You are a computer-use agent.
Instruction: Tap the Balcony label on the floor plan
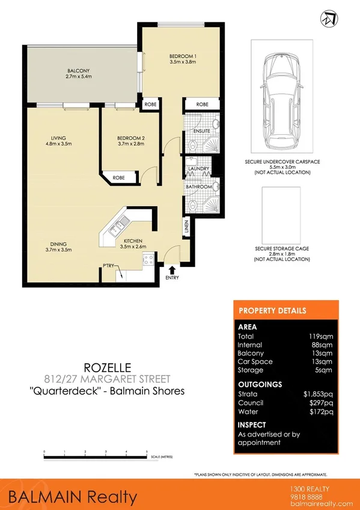(78, 73)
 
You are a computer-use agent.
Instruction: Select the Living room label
(58, 140)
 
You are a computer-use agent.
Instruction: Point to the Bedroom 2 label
(130, 140)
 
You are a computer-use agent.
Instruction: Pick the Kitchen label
(133, 242)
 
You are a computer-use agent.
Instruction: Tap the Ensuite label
(201, 130)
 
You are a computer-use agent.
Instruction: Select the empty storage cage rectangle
(281, 211)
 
